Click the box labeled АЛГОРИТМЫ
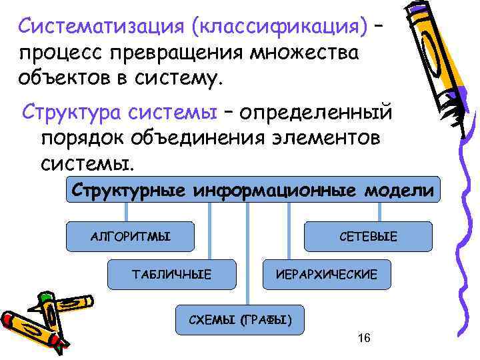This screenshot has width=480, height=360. [x=131, y=236]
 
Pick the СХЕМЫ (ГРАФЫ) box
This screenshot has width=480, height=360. [x=238, y=320]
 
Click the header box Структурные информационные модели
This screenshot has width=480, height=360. [x=253, y=191]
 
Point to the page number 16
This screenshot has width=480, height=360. [x=364, y=339]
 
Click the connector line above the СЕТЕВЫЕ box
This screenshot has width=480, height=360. [x=379, y=211]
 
